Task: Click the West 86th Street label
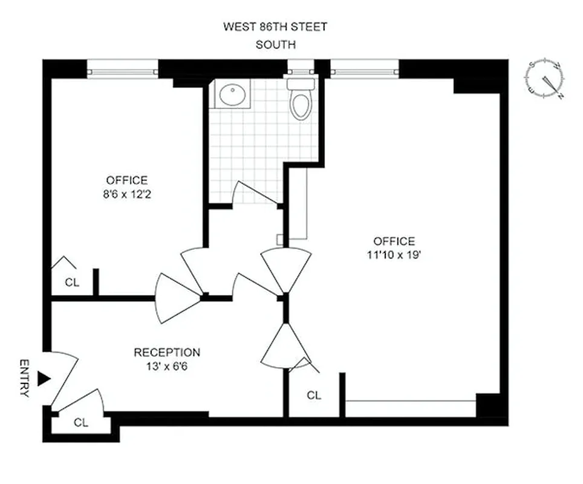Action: click(x=275, y=27)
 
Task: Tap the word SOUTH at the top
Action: click(x=275, y=44)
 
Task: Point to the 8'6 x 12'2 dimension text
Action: click(x=126, y=194)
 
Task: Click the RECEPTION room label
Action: click(x=167, y=352)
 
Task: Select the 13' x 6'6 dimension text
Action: click(x=167, y=366)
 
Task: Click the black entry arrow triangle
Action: click(x=44, y=379)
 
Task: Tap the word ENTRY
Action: click(x=24, y=378)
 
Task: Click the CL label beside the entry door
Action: click(x=81, y=423)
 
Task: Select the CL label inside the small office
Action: click(x=71, y=282)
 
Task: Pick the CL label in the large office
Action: click(x=313, y=396)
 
